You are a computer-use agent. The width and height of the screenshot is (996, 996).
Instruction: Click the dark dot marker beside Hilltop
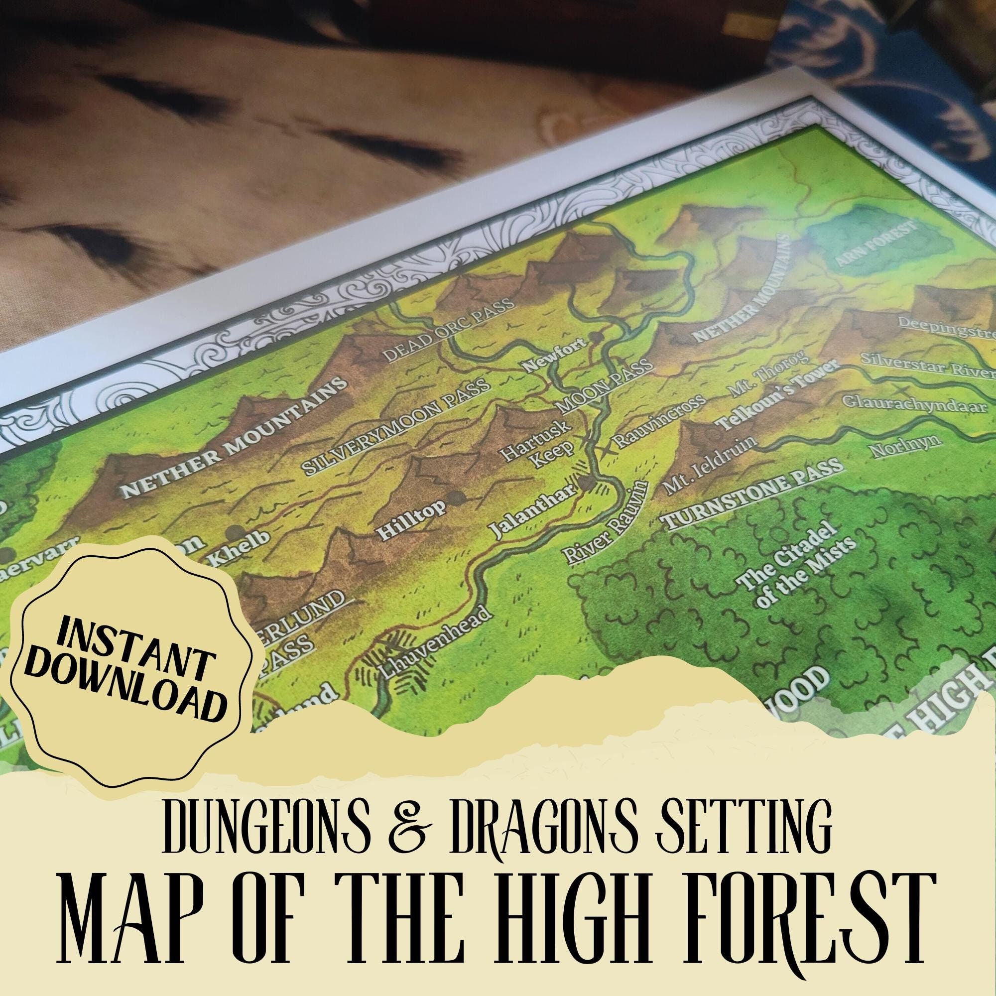[x=457, y=498]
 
